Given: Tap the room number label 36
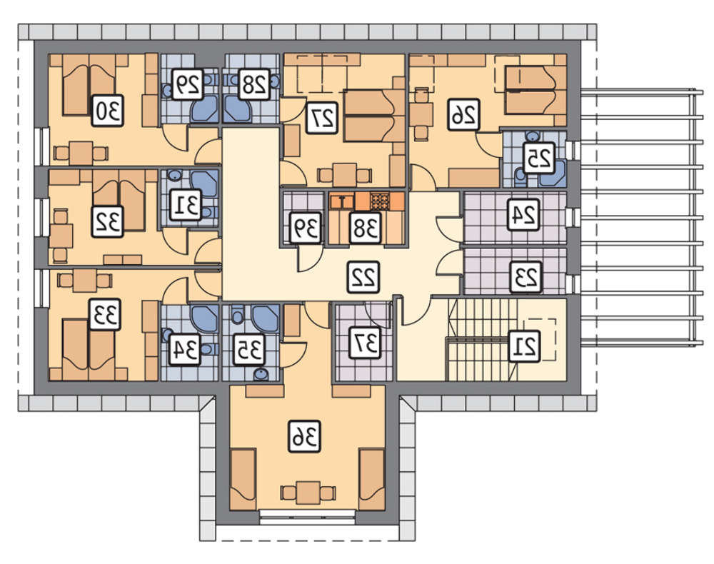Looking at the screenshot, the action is coord(305,436).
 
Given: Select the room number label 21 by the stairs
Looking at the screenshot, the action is coord(524,346).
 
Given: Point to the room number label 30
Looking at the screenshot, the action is coord(108,110).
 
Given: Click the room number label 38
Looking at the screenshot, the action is coord(365,228).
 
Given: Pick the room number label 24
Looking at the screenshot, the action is coord(523,215).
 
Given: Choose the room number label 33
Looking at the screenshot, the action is coord(105,315).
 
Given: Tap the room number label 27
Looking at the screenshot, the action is coord(322,118).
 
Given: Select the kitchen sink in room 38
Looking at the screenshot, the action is coord(342,201).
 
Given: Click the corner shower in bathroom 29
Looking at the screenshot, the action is coord(205,109).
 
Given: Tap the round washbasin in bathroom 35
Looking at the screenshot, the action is coord(261,374).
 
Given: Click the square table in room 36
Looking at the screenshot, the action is coord(308,493).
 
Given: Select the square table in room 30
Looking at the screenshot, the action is coord(81,153).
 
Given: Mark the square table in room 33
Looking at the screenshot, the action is coord(85,281).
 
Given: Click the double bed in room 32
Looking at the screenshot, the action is coord(119,201).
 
